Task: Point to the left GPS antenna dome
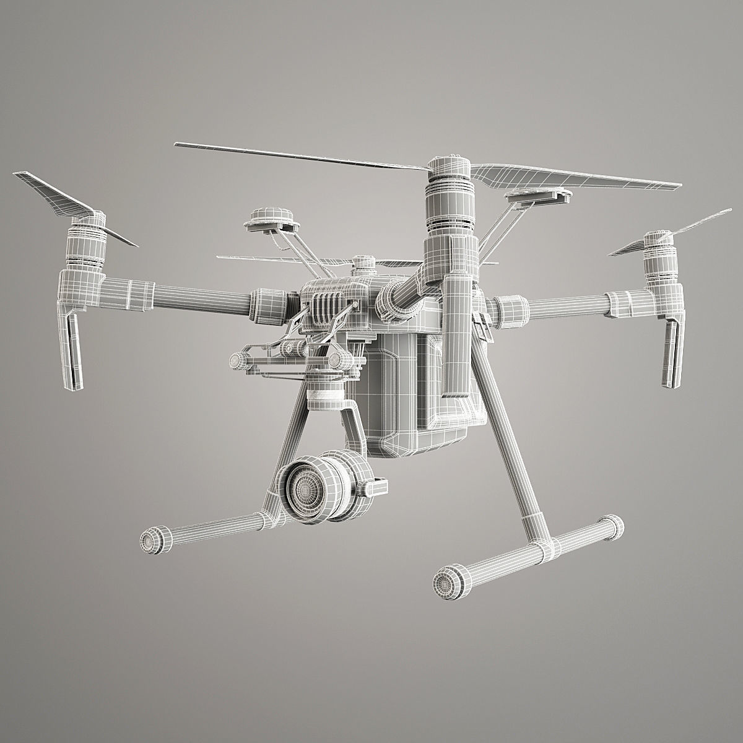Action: coord(267,219)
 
